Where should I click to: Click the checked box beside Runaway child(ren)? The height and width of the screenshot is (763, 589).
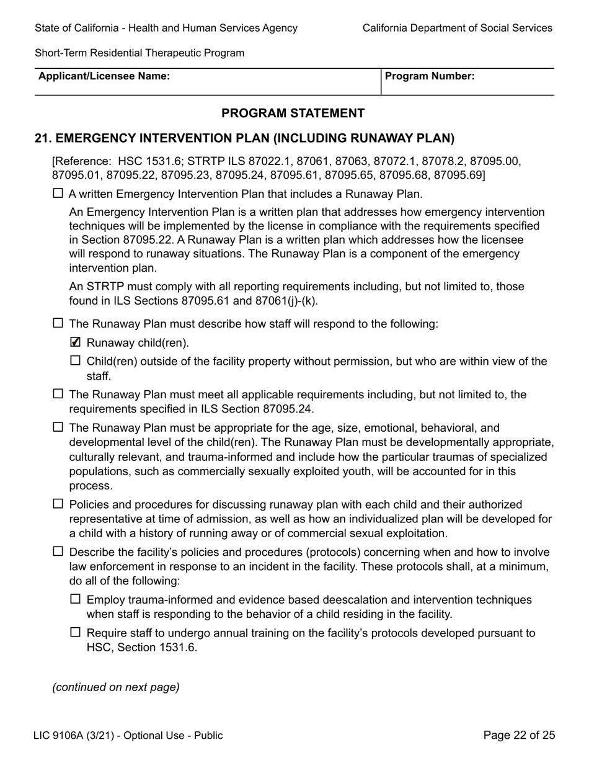(x=76, y=342)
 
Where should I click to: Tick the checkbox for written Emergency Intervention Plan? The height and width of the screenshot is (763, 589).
(x=58, y=193)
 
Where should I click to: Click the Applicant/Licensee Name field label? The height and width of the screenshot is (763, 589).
(x=104, y=76)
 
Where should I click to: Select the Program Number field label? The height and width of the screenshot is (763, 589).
(x=430, y=76)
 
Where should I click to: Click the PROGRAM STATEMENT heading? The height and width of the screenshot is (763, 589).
(x=293, y=113)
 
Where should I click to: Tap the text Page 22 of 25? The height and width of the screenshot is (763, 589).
(x=519, y=735)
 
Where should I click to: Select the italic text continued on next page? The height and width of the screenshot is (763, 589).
(x=116, y=687)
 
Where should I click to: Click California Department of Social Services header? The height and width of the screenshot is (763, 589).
(x=457, y=28)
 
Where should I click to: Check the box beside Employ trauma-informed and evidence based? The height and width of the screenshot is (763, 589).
(x=76, y=599)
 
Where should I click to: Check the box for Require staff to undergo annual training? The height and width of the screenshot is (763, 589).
(x=76, y=632)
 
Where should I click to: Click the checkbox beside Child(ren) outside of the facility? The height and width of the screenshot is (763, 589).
(x=76, y=360)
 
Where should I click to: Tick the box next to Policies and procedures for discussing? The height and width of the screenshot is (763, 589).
(x=58, y=504)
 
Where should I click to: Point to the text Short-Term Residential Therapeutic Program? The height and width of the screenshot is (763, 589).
(x=139, y=53)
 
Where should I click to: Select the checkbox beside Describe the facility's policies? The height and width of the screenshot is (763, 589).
(x=58, y=551)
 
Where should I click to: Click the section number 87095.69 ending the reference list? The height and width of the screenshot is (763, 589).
(x=459, y=175)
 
